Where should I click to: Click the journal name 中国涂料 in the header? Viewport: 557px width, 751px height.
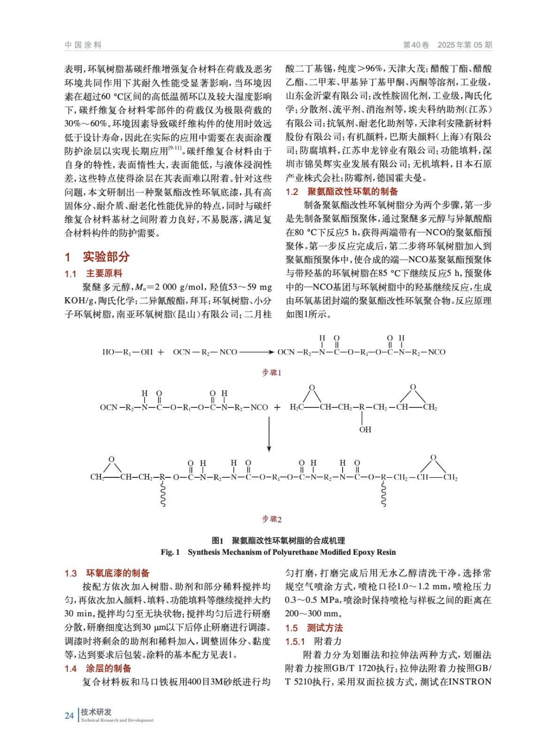[x=83, y=45]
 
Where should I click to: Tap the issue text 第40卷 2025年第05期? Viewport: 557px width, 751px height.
[x=447, y=45]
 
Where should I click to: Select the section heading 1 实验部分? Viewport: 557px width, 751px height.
[x=97, y=257]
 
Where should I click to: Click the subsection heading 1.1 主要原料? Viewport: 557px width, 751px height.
[x=93, y=274]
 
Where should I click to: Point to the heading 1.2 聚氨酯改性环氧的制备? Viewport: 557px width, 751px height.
[x=342, y=192]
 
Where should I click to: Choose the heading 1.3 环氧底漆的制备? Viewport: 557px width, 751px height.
[x=107, y=573]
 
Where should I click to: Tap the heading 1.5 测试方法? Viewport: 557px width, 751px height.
[x=314, y=628]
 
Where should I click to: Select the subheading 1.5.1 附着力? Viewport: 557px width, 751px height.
[x=313, y=641]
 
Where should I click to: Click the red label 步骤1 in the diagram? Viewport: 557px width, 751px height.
[x=272, y=373]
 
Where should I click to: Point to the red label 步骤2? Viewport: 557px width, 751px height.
[x=272, y=519]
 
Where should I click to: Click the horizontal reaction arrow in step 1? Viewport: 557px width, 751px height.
[x=256, y=352]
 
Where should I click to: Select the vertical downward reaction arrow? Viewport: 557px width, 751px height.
[x=269, y=434]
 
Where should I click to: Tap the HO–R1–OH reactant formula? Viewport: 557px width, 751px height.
[x=127, y=352]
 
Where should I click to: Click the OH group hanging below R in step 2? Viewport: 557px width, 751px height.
[x=365, y=429]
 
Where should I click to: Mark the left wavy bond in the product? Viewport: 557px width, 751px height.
[x=163, y=495]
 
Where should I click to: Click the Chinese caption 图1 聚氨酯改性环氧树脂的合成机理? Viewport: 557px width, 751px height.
[x=278, y=540]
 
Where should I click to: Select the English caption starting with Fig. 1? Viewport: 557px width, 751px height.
[x=278, y=552]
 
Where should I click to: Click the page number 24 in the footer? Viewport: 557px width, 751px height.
[x=69, y=716]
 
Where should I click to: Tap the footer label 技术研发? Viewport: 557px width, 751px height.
[x=96, y=712]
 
